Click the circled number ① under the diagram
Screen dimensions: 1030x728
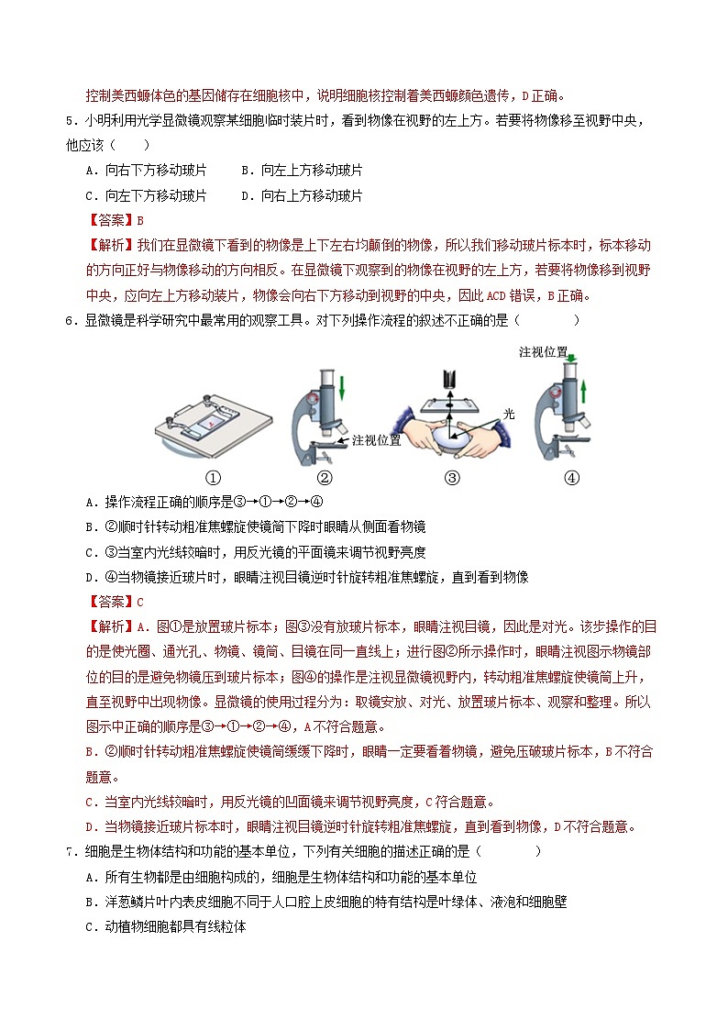213,477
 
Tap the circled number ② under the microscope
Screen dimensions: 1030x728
325,477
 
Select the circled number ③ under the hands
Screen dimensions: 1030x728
451,477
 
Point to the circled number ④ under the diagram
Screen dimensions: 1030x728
572,477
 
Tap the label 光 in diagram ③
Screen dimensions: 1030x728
511,413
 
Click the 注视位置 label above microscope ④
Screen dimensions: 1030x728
543,351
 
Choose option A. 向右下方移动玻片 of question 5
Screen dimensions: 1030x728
146,170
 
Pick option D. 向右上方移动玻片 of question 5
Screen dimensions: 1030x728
302,195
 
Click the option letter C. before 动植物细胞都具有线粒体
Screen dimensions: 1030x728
91,927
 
